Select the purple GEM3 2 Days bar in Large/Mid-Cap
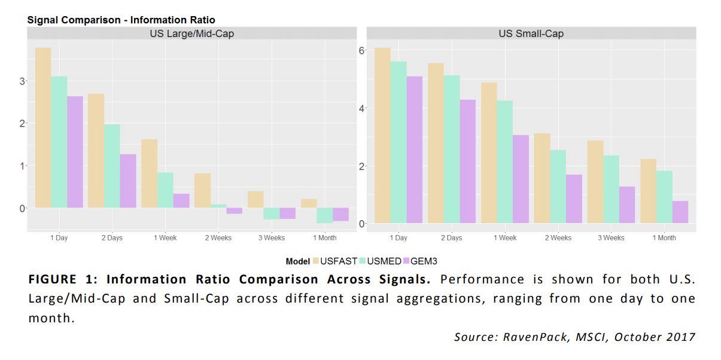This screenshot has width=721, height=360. coord(128,181)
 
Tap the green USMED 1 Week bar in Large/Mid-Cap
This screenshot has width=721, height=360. coord(165,190)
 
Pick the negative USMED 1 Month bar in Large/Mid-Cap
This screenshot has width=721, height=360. coord(325,215)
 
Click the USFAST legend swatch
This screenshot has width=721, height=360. coord(315,261)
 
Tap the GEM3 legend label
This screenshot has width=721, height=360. coord(424,261)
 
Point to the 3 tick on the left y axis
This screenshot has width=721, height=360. coord(22,81)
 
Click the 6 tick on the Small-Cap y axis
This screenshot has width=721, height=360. coord(361,50)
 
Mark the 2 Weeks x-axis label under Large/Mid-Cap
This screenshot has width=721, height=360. coord(218,238)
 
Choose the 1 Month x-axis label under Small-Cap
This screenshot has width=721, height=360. coord(663,238)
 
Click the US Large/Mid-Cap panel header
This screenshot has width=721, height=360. coord(191,33)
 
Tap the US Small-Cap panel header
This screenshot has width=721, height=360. coord(531,33)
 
